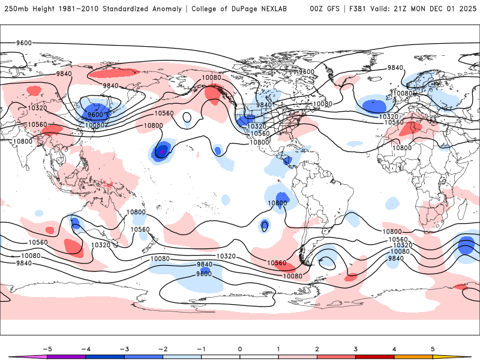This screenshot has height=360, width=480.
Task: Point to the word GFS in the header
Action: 331,9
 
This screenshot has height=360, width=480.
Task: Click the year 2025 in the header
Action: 467,9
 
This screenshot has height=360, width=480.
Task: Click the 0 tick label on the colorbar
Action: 240,349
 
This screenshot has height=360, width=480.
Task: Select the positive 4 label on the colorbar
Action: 394,349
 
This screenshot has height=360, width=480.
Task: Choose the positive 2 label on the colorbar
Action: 317,349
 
